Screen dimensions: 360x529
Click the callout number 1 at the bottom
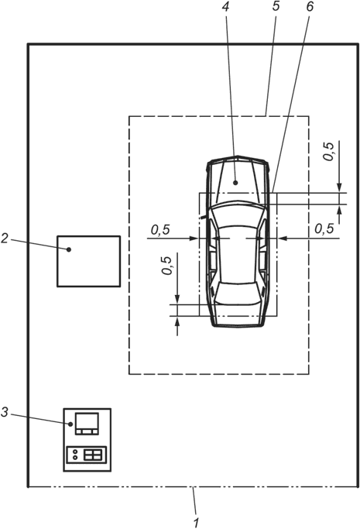197,522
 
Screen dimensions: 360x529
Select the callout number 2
5,239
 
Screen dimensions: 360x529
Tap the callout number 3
5,412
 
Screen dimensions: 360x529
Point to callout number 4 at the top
225,6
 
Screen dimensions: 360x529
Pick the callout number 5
276,6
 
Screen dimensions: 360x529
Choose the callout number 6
310,6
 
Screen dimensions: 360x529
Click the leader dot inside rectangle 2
69,249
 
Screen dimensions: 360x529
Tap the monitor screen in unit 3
87,421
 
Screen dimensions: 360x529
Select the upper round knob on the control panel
75,452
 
